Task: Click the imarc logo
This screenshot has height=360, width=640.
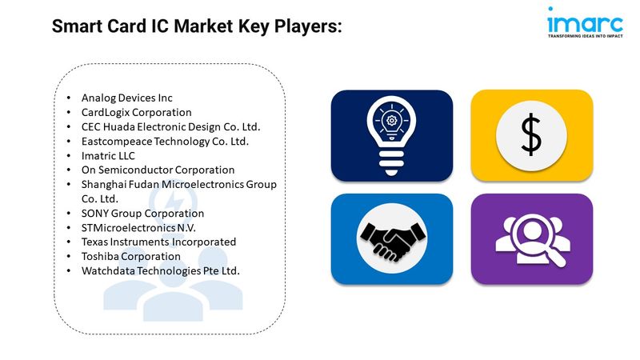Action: (585, 22)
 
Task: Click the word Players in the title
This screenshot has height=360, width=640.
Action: (308, 26)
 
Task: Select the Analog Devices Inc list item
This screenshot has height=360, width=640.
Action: (127, 98)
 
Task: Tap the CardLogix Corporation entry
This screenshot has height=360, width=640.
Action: (136, 112)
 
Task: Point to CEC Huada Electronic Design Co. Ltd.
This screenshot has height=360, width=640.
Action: (170, 127)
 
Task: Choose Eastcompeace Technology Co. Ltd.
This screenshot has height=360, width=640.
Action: (165, 142)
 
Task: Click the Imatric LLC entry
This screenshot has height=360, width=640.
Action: (108, 155)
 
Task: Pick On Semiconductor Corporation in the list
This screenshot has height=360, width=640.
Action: (158, 170)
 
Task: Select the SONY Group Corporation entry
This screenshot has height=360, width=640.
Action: (142, 213)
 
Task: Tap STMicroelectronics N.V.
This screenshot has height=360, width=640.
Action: (138, 228)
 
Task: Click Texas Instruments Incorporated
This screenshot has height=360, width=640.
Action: (158, 242)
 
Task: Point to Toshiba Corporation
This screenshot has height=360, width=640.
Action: (130, 256)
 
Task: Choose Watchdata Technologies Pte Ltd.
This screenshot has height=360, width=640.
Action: (161, 270)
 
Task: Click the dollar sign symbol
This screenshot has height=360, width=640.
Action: (531, 134)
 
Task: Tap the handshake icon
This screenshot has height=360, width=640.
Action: (391, 239)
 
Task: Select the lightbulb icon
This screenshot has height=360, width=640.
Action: (391, 135)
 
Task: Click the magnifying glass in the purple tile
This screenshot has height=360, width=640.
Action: (535, 237)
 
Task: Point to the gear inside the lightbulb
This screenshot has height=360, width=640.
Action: (391, 121)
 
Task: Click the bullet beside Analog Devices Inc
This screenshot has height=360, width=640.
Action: (69, 98)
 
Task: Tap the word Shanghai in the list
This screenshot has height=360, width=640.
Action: (104, 185)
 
